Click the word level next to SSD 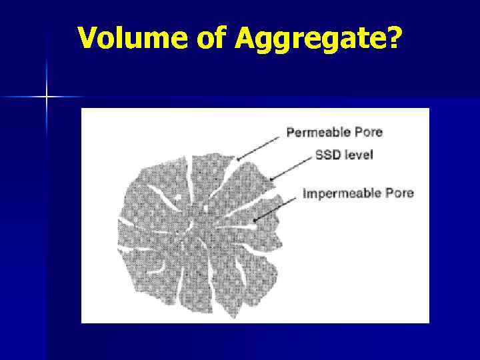coord(359,155)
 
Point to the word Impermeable coord(342,193)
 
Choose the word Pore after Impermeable coord(399,193)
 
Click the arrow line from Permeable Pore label coord(260,147)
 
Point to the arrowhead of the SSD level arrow coord(271,179)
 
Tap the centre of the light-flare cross coord(47,97)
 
